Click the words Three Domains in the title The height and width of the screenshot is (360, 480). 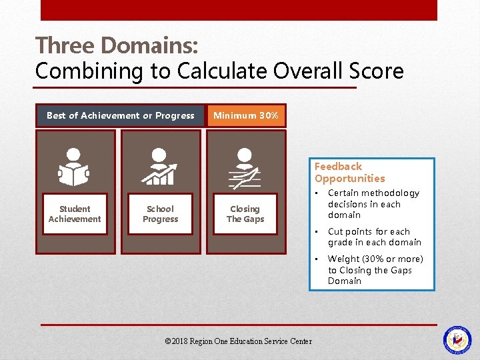point(116,46)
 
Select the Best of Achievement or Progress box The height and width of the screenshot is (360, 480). point(121,115)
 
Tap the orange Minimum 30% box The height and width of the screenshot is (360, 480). point(246,115)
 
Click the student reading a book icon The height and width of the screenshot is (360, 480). point(75,167)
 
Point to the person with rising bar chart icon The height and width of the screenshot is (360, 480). point(160,167)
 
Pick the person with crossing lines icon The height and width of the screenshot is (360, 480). point(245,170)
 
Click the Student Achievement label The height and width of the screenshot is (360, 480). point(75,214)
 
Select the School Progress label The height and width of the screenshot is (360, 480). point(160,214)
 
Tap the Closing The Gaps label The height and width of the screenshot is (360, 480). point(245,214)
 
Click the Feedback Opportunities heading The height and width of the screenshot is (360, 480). point(350,173)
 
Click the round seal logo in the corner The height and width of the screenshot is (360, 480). point(457,339)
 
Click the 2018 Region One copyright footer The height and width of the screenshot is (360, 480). point(238,341)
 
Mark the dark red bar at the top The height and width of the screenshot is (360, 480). point(239,10)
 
